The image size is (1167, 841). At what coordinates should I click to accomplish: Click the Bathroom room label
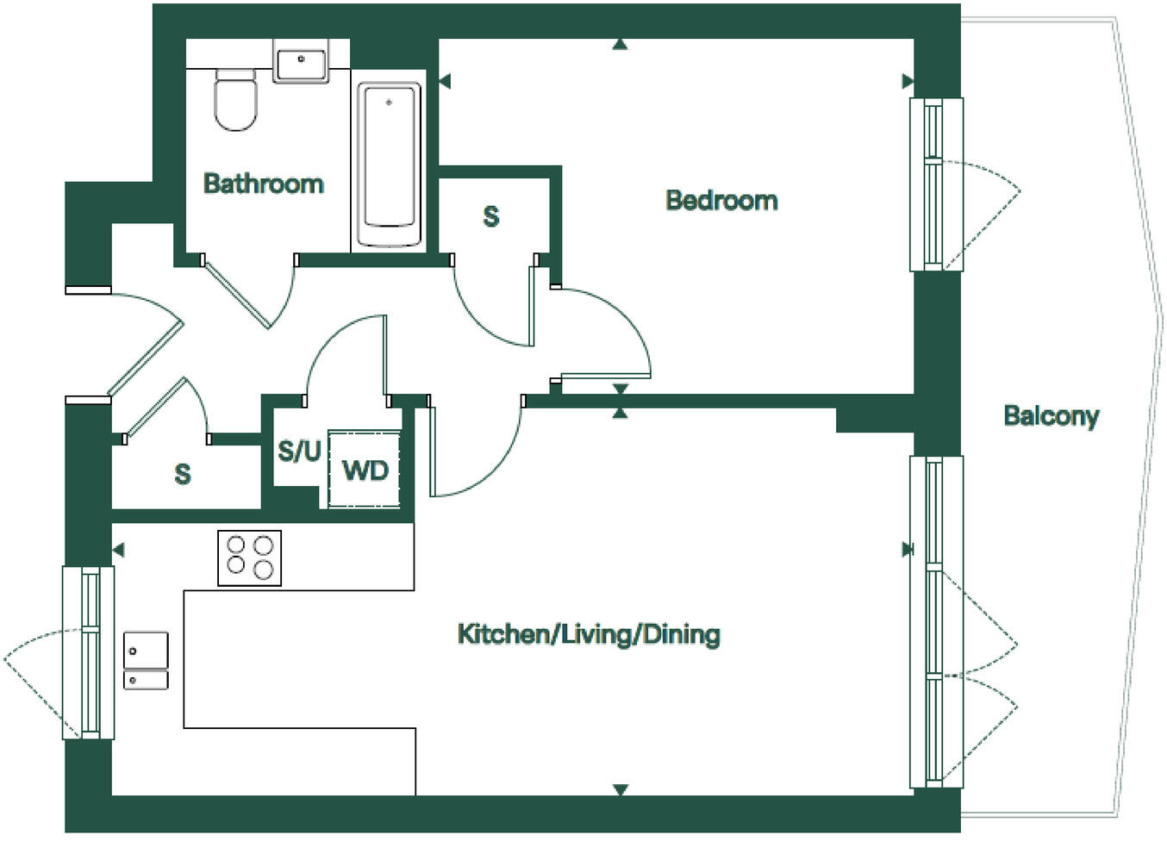coord(263,184)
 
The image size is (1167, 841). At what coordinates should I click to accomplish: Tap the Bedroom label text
coord(721,201)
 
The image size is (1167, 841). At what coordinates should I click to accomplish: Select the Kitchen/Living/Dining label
coord(589,635)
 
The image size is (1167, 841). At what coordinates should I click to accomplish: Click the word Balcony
coord(1051,416)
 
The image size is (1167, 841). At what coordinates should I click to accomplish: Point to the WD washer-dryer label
coord(365,470)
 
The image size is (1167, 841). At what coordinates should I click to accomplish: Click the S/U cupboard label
coord(298,451)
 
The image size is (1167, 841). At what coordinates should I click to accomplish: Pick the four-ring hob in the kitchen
coord(249,558)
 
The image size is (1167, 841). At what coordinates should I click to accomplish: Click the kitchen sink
coord(146,660)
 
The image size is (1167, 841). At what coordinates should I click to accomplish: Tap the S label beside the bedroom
coord(490,215)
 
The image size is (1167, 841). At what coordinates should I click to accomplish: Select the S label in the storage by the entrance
coord(182,474)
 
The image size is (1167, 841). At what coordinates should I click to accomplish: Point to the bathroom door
coord(241,293)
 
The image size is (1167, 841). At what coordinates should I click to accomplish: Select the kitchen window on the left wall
coord(89,652)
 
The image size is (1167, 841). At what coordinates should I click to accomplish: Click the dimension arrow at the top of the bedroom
coord(620,45)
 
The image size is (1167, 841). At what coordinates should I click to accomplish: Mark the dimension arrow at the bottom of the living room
coord(620,789)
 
